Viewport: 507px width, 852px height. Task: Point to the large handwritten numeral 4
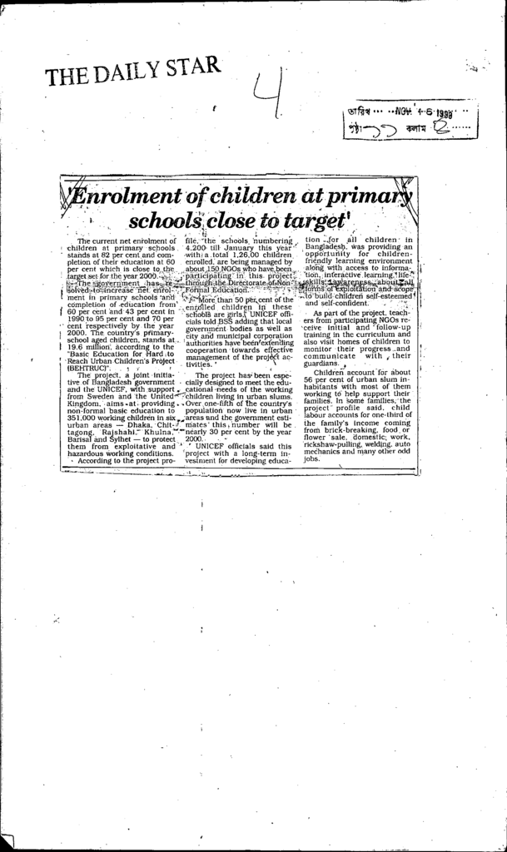267,97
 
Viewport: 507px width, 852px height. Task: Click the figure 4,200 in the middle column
197,248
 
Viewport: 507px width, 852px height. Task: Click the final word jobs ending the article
311,458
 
